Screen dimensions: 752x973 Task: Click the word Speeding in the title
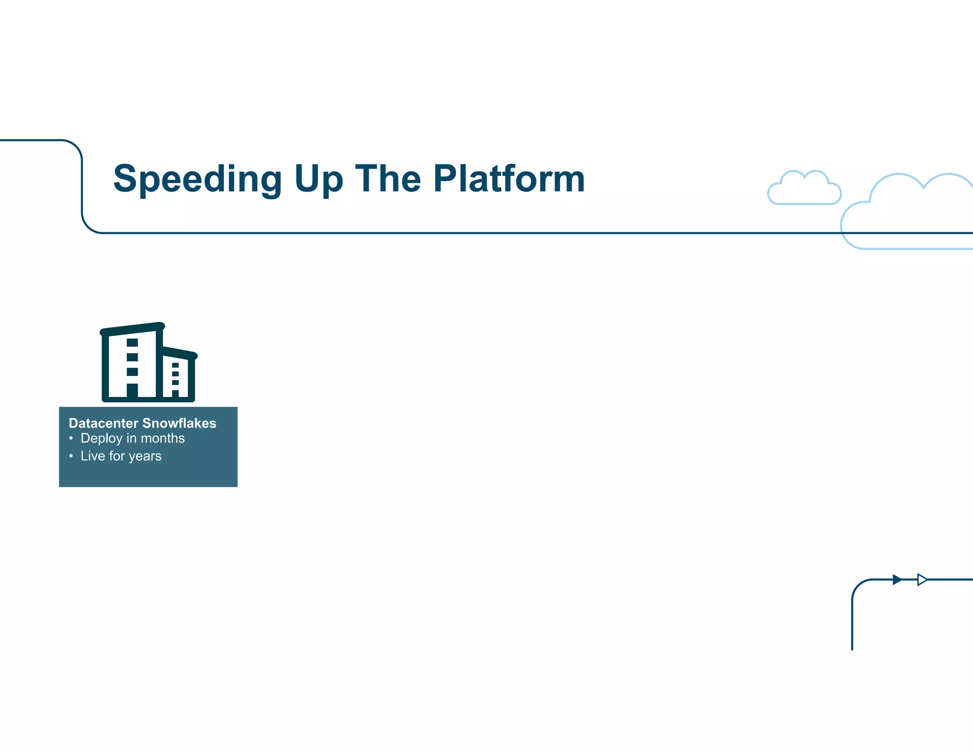coord(198,179)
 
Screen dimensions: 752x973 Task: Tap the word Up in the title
coord(318,179)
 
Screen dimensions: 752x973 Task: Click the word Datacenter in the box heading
coord(104,423)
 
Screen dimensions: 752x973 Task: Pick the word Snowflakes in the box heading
coord(179,423)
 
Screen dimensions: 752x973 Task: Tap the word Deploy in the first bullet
coord(101,438)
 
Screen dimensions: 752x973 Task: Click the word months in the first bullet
coord(163,438)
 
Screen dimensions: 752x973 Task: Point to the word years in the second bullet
coord(145,456)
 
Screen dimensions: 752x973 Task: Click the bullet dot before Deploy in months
coord(71,438)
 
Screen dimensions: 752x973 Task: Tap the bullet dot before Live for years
coord(71,456)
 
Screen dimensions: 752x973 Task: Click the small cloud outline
coord(804,189)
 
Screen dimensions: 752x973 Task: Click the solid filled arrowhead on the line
coord(897,579)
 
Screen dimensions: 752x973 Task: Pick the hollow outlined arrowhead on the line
coord(922,579)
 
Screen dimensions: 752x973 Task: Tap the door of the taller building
coord(132,390)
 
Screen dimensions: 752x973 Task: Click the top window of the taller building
coord(132,343)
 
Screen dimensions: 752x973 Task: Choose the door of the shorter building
coord(175,394)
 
